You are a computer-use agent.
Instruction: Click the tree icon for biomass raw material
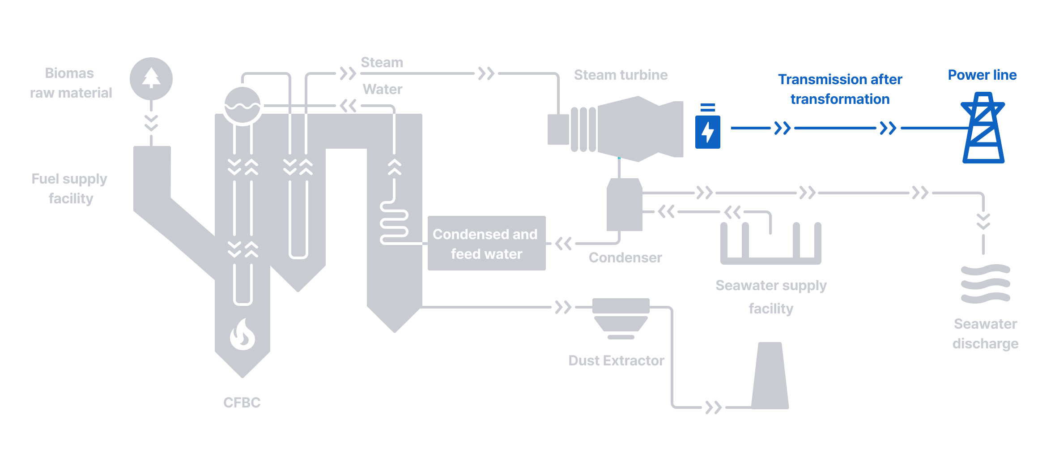(151, 79)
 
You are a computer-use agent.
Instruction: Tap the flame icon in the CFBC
(242, 334)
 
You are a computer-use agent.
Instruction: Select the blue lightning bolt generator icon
(707, 131)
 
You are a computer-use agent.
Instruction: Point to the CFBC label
(242, 403)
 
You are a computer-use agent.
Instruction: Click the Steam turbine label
(621, 75)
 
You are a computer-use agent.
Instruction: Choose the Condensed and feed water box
(486, 243)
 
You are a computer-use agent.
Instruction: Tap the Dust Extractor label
(616, 360)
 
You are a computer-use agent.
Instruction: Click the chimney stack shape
(770, 376)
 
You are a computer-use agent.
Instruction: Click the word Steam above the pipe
(382, 62)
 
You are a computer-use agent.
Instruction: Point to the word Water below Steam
(382, 89)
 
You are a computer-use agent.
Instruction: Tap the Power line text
(982, 75)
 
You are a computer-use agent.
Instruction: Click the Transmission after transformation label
(840, 89)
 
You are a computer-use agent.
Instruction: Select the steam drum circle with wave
(242, 105)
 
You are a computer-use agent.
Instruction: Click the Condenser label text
(625, 257)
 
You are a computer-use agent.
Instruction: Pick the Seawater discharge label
(985, 334)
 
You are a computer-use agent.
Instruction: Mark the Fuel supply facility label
(70, 189)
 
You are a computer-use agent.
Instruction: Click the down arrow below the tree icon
(151, 123)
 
